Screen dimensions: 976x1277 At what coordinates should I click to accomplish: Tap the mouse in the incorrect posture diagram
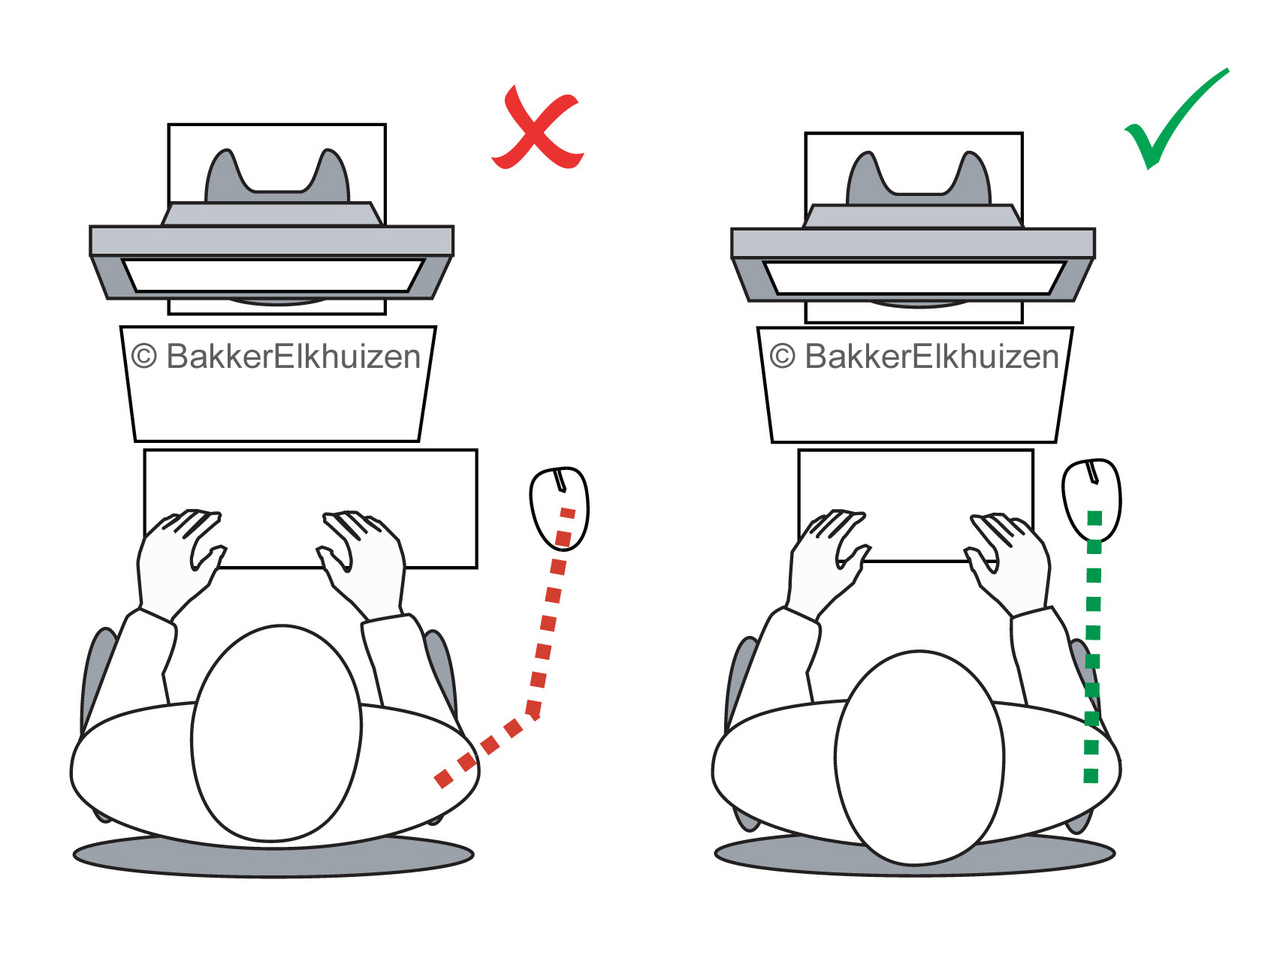[559, 508]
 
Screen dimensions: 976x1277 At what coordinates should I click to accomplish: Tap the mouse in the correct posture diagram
[1091, 499]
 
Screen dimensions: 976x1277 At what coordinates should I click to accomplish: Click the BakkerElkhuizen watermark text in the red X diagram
[293, 357]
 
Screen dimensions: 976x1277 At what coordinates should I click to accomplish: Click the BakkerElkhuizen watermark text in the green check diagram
[931, 357]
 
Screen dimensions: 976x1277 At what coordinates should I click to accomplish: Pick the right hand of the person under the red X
[364, 548]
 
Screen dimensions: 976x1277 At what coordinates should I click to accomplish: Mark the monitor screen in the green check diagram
[914, 278]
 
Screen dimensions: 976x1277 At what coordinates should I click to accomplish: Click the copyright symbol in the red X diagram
[143, 357]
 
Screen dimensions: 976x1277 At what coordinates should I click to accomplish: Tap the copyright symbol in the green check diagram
[782, 357]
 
